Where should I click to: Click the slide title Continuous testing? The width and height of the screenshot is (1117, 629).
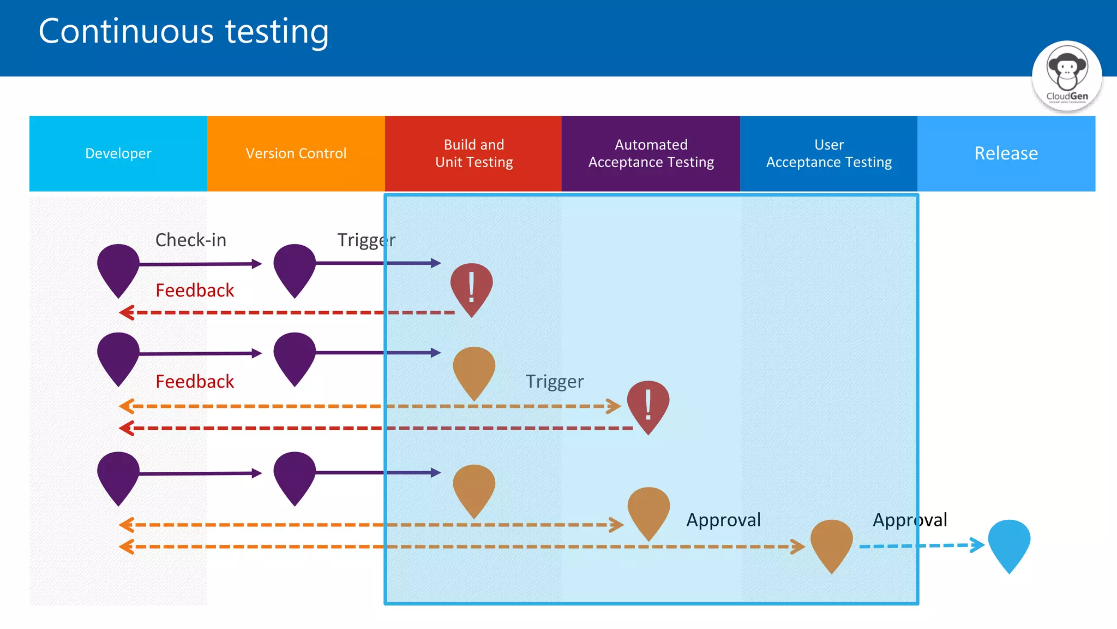pyautogui.click(x=184, y=32)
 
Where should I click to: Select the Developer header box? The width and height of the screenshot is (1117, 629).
pyautogui.click(x=118, y=153)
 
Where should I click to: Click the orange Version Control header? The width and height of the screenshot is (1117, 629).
pyautogui.click(x=296, y=153)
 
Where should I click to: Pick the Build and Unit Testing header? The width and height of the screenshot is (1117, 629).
pyautogui.click(x=473, y=153)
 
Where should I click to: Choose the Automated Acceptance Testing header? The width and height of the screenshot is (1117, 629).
pyautogui.click(x=651, y=153)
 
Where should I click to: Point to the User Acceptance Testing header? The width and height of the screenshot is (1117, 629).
pyautogui.click(x=828, y=153)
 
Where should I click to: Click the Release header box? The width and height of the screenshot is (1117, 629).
pyautogui.click(x=1006, y=153)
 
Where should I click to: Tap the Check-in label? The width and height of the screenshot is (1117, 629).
pyautogui.click(x=190, y=240)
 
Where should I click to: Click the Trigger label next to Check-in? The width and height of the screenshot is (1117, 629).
pyautogui.click(x=366, y=240)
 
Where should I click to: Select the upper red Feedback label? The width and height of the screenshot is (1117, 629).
pyautogui.click(x=195, y=290)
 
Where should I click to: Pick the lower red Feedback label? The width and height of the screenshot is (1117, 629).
pyautogui.click(x=195, y=381)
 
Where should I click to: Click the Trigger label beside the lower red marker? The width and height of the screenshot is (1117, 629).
pyautogui.click(x=554, y=381)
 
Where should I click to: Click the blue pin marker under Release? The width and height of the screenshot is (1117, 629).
pyautogui.click(x=1009, y=543)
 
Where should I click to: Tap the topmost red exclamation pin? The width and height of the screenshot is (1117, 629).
pyautogui.click(x=471, y=287)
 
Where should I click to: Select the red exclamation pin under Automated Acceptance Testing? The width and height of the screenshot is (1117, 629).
pyautogui.click(x=648, y=404)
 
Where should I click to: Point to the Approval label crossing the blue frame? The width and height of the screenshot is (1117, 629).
pyautogui.click(x=910, y=520)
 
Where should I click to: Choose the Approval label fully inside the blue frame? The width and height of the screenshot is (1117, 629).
pyautogui.click(x=723, y=520)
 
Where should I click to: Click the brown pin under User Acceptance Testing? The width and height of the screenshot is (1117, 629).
pyautogui.click(x=831, y=543)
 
